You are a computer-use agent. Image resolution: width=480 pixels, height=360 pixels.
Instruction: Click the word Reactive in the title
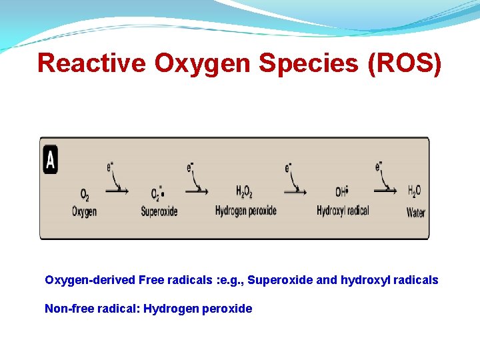[x=92, y=63]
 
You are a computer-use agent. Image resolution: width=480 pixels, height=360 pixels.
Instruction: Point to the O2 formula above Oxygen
[x=85, y=195]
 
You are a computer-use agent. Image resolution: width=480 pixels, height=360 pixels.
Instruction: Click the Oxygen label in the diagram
[x=85, y=212]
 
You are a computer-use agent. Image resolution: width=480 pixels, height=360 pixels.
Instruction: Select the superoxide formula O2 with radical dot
[x=157, y=194]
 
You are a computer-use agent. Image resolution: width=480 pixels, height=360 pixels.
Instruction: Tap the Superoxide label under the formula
[x=159, y=212]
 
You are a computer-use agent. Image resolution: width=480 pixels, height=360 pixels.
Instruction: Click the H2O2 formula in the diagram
[x=245, y=192]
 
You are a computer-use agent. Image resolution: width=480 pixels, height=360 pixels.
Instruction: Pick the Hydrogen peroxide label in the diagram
[x=245, y=211]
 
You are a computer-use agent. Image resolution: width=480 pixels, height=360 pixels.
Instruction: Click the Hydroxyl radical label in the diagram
[x=343, y=211]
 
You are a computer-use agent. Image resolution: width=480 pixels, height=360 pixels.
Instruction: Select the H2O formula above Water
[x=415, y=191]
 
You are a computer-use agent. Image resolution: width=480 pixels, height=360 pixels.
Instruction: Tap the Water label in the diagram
[x=415, y=213]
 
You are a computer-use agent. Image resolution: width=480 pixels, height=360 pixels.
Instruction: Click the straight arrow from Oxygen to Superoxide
[x=117, y=190]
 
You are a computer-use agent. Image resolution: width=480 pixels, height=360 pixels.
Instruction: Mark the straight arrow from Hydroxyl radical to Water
[x=385, y=190]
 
